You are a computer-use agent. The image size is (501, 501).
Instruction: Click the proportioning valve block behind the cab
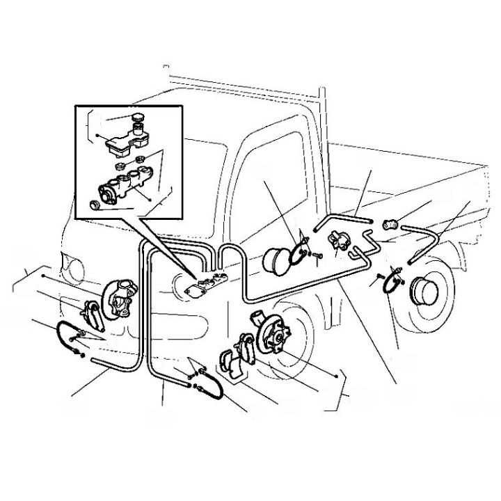click(x=339, y=241)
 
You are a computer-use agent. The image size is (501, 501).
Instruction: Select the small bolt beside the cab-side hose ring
click(x=316, y=256)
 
